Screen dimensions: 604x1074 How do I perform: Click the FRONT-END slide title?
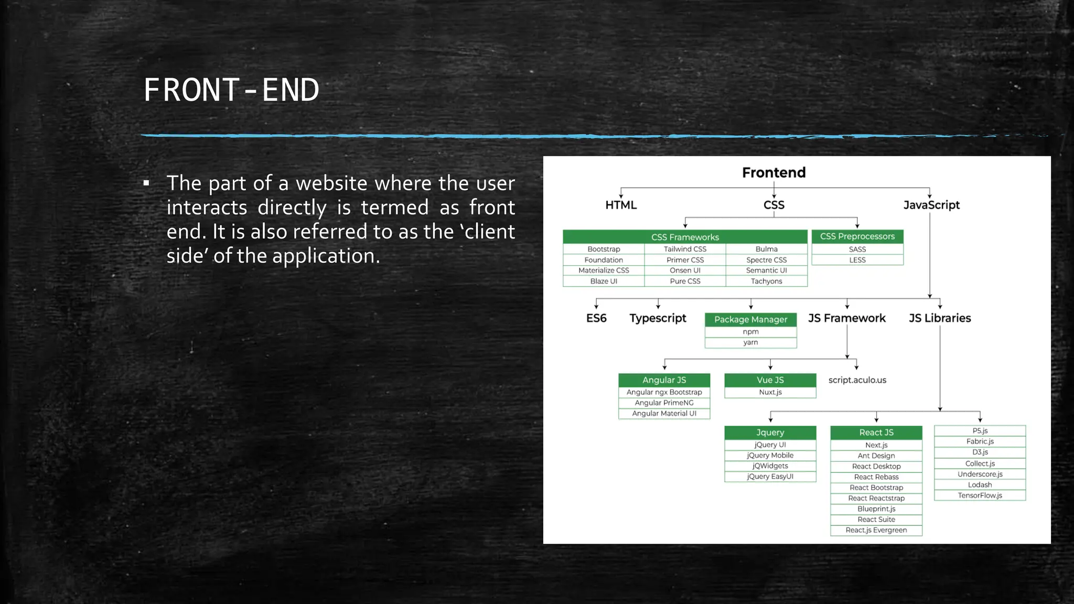231,90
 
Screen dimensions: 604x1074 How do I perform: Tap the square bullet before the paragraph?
146,184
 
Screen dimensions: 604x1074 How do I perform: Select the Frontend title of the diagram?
774,172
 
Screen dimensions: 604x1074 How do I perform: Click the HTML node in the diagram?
621,205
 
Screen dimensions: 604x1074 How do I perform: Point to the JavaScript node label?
931,205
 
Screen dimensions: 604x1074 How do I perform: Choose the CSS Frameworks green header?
685,237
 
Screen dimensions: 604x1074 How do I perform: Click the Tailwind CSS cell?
685,249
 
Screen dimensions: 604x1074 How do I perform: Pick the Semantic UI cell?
766,271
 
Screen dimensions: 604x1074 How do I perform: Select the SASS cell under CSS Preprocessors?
857,250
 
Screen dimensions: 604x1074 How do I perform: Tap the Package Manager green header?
750,319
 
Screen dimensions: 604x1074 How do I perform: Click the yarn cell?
750,342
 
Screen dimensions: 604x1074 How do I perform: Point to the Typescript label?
658,318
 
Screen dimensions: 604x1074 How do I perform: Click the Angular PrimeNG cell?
664,403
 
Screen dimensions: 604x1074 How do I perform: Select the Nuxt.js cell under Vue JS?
770,392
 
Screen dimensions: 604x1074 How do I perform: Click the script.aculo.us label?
857,380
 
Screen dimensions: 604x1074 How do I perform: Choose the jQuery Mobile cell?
770,455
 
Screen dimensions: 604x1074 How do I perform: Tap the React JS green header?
876,433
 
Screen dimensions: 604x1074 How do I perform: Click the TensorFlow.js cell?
980,495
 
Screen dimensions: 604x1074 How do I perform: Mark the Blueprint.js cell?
876,509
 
